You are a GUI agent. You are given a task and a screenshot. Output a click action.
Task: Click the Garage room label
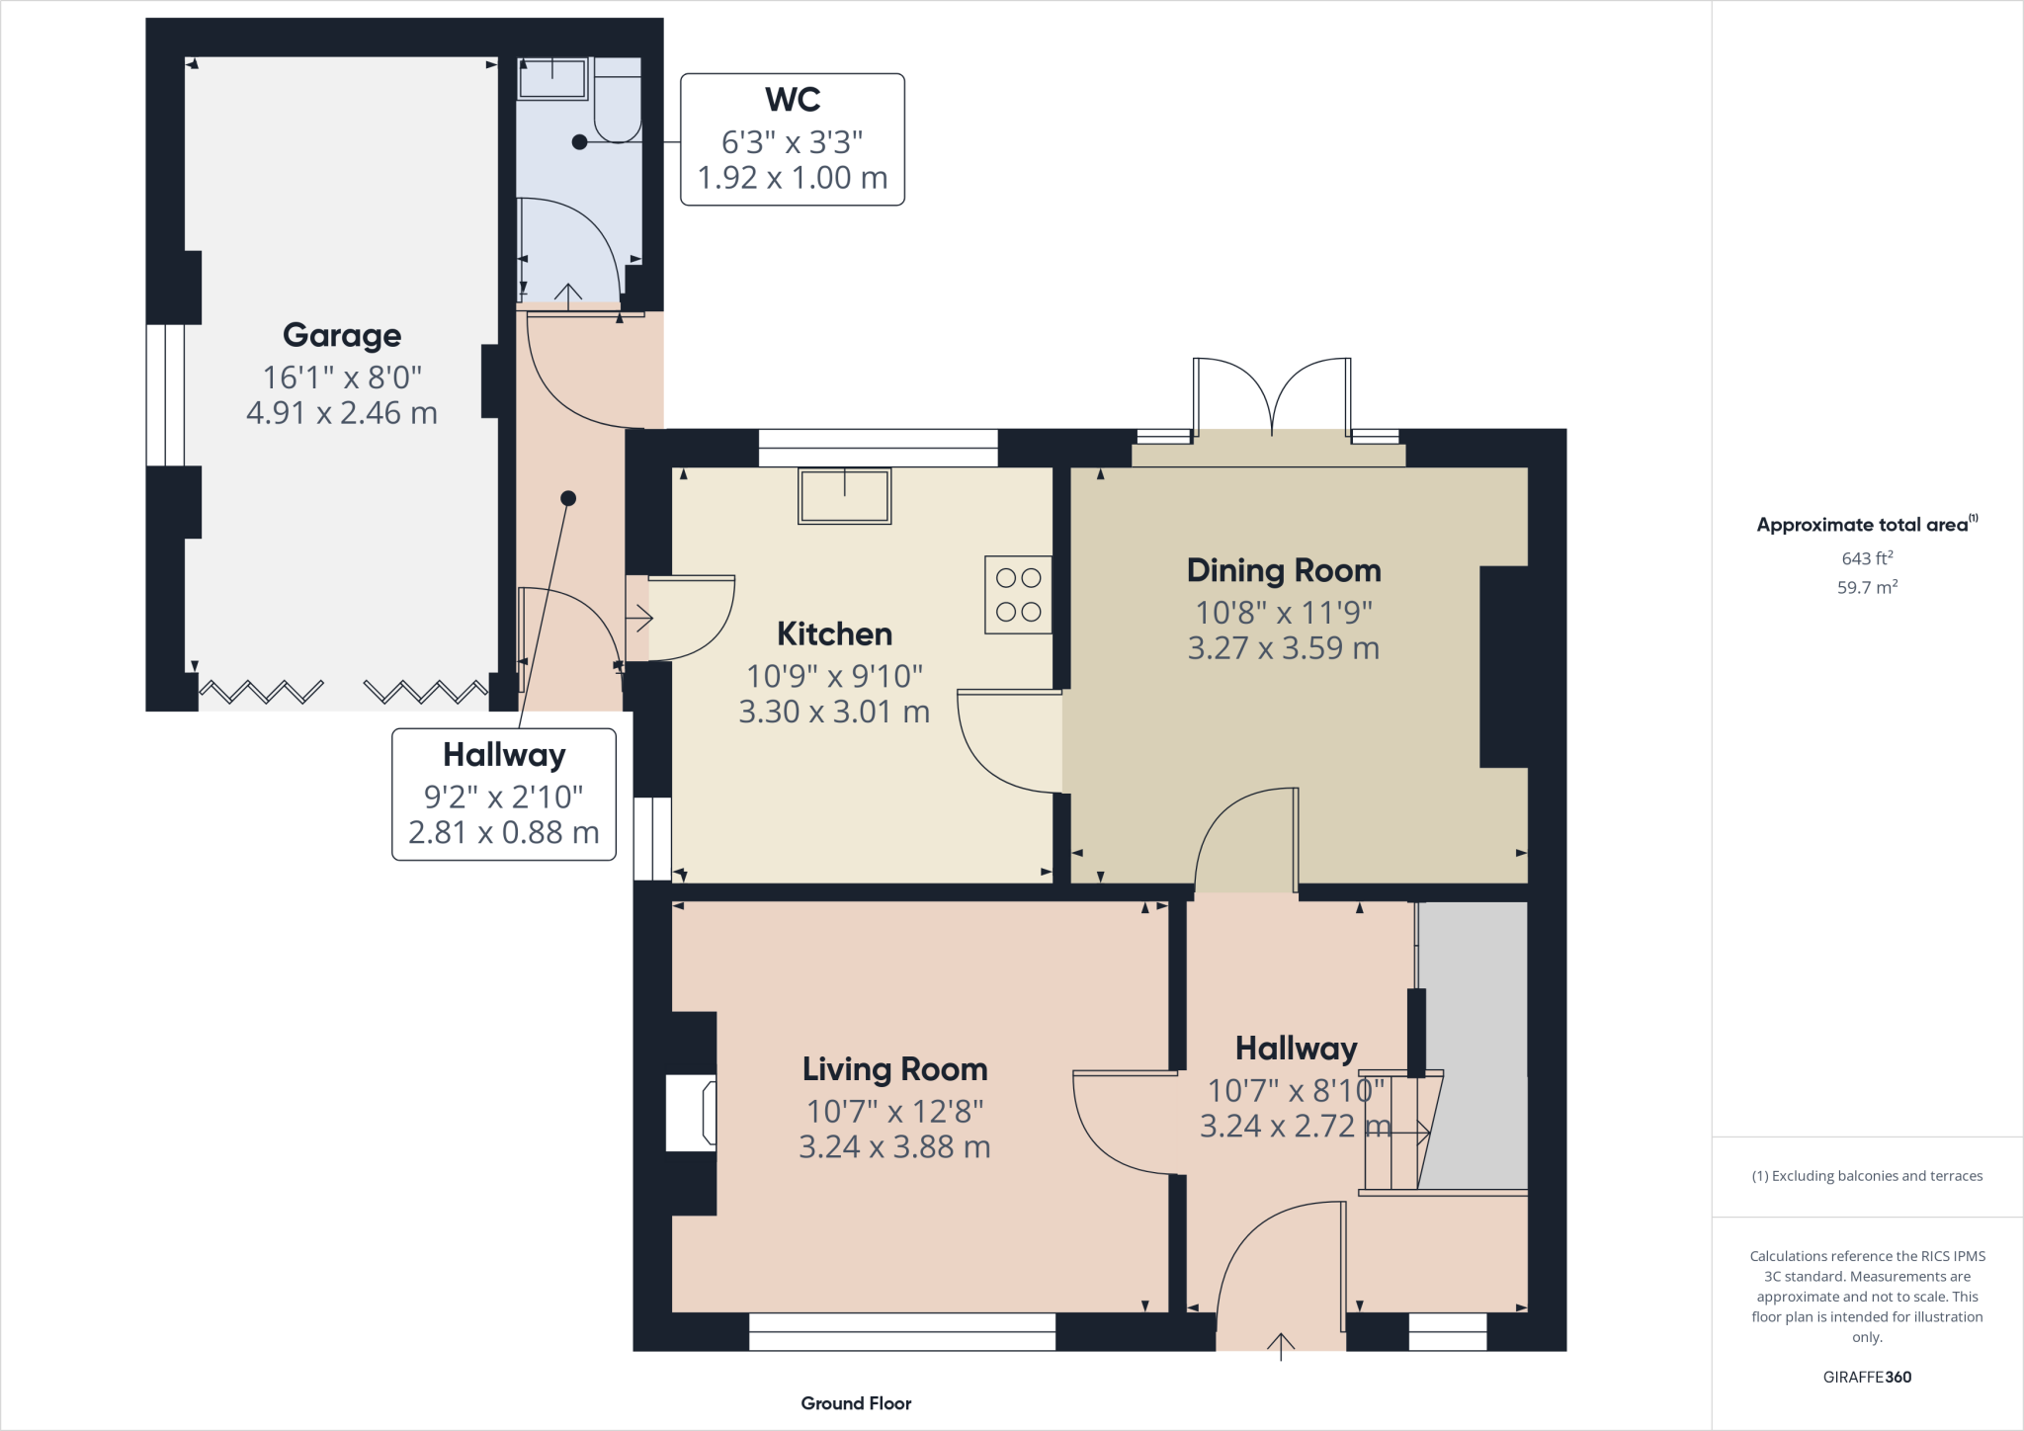(342, 335)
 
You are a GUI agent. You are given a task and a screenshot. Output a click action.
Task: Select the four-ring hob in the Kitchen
(1018, 595)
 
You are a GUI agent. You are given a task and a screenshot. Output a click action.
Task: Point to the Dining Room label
(1283, 570)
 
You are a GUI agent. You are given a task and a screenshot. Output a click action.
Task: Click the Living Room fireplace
(693, 1113)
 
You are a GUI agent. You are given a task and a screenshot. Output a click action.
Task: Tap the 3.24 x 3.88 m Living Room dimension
(894, 1147)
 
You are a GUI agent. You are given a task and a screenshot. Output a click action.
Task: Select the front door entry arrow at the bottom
(1281, 1346)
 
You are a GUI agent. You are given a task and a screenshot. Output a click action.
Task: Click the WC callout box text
(792, 139)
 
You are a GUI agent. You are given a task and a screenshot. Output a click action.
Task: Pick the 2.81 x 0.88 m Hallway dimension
(503, 833)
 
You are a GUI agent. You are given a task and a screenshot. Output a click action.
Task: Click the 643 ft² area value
(1866, 558)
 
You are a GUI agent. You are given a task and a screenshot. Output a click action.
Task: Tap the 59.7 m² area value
(1866, 587)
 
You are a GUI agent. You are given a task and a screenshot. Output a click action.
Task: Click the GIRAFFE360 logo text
(1866, 1377)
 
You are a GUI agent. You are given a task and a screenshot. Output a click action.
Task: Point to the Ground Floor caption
(856, 1403)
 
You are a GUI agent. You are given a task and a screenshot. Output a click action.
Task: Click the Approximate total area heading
(1866, 525)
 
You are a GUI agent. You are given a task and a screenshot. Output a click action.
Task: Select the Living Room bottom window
(901, 1331)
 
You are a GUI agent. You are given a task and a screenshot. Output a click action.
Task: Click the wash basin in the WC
(552, 79)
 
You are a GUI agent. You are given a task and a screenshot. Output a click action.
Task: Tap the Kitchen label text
(834, 633)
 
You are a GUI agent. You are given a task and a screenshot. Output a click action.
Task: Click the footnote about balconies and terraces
(1866, 1176)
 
